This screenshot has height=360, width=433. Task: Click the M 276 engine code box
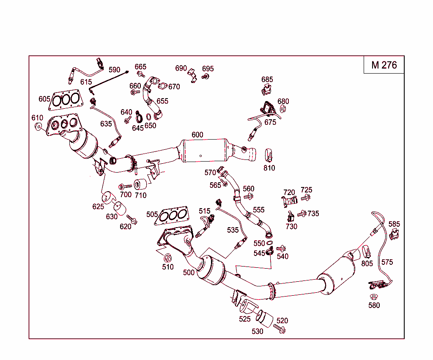(x=384, y=65)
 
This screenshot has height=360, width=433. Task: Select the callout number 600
(x=197, y=135)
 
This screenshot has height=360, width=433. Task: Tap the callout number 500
(x=189, y=272)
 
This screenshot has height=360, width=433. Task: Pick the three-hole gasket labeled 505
(x=173, y=215)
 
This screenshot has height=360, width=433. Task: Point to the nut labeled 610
(x=38, y=126)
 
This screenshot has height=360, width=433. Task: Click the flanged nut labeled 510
(x=167, y=258)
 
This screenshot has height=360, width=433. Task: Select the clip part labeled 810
(x=269, y=155)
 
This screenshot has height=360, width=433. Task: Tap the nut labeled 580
(x=374, y=297)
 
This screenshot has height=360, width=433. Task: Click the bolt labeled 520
(x=280, y=328)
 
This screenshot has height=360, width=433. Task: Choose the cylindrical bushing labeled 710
(x=140, y=185)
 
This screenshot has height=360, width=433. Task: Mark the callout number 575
(x=387, y=262)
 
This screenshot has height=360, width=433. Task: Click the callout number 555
(x=258, y=209)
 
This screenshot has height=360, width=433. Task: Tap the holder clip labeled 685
(x=266, y=90)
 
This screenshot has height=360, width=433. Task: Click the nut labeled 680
(x=283, y=109)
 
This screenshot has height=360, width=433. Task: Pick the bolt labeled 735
(x=302, y=214)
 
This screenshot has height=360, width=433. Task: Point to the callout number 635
(x=106, y=124)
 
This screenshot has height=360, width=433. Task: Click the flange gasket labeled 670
(x=162, y=87)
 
